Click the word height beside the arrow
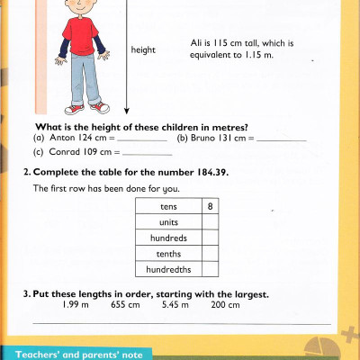pyautogui.click(x=143, y=50)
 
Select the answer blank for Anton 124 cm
pyautogui.click(x=143, y=140)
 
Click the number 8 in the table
pyautogui.click(x=210, y=206)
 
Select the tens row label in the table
pyautogui.click(x=168, y=206)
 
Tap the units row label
pyautogui.click(x=168, y=222)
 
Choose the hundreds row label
pyautogui.click(x=168, y=238)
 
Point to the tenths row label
pyautogui.click(x=168, y=254)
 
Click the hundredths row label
pyautogui.click(x=168, y=269)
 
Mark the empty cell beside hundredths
pyautogui.click(x=210, y=269)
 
